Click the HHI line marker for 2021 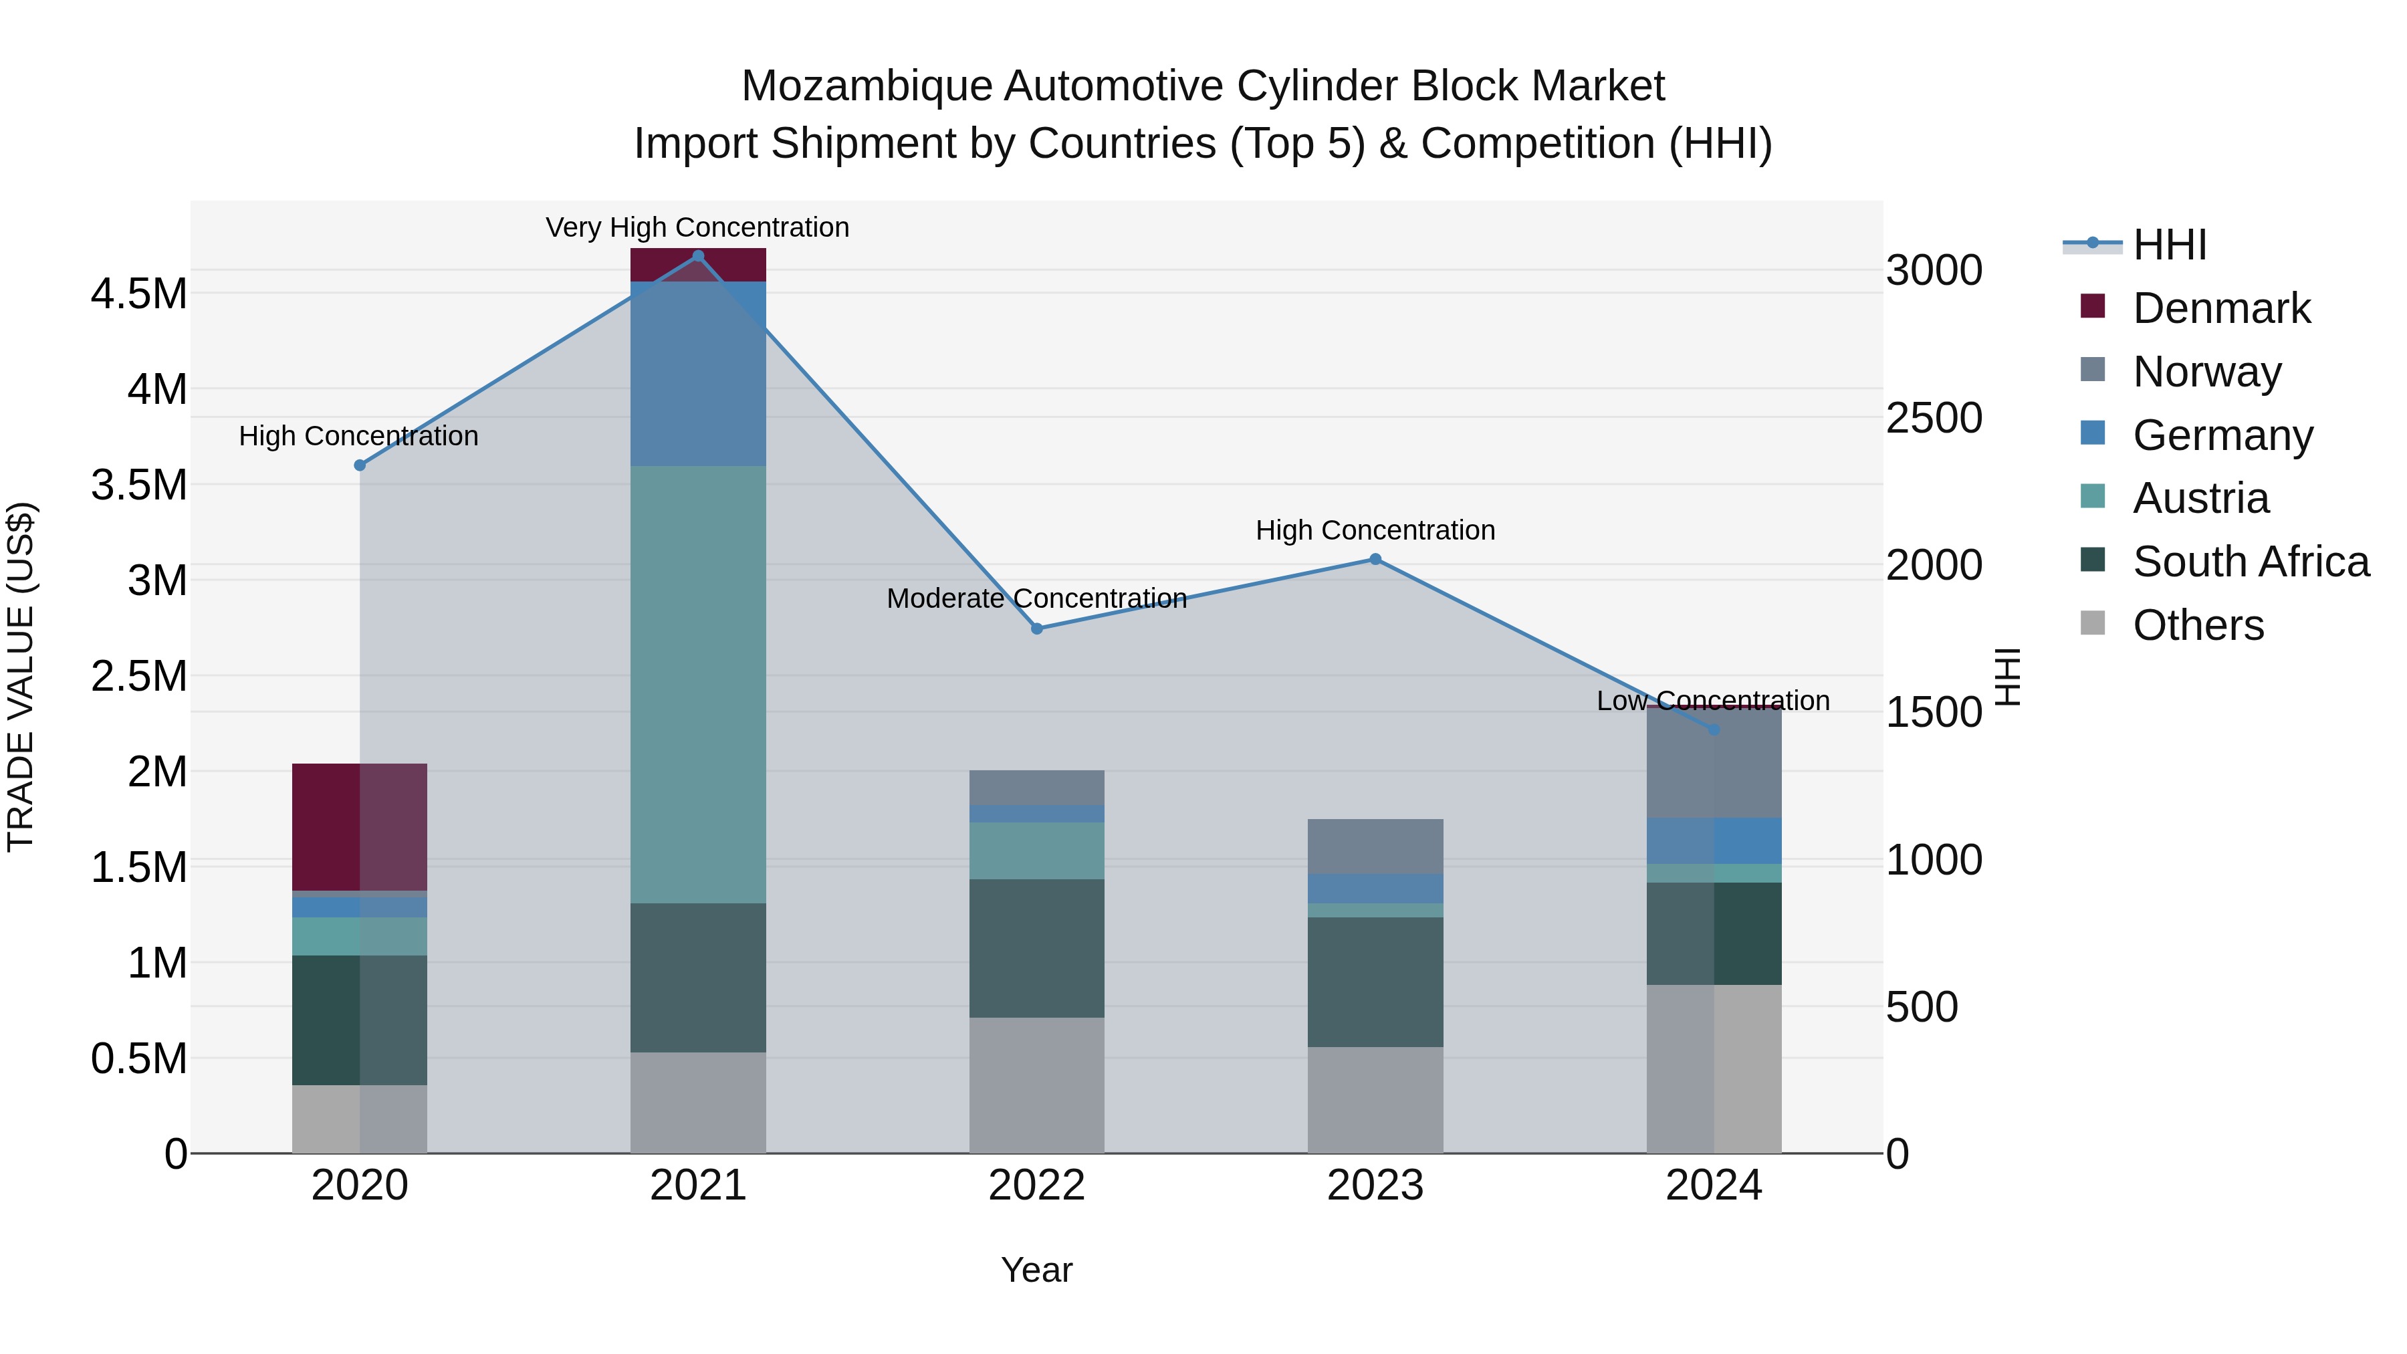click(x=698, y=256)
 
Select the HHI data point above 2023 click(x=1375, y=560)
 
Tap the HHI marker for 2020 click(x=360, y=465)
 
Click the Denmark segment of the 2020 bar click(x=360, y=827)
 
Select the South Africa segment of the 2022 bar click(x=1036, y=947)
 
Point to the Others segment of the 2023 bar click(x=1375, y=1100)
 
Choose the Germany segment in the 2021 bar click(x=698, y=374)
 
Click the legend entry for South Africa click(x=2250, y=562)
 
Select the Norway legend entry click(x=2206, y=372)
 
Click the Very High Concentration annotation click(x=697, y=227)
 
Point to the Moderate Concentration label click(x=1036, y=598)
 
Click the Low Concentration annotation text click(x=1713, y=700)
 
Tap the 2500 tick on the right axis click(x=1933, y=418)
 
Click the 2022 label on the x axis click(x=1036, y=1186)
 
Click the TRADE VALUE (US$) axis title click(x=21, y=677)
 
